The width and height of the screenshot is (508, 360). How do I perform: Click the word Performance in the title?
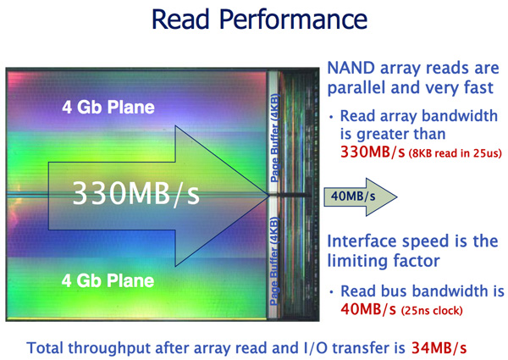(x=293, y=20)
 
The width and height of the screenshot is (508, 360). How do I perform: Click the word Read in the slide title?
(x=180, y=19)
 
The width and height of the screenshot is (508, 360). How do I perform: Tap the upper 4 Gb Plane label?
(x=108, y=107)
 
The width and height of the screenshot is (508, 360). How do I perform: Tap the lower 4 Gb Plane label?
(x=108, y=280)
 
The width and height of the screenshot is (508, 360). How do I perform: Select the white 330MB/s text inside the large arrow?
(x=135, y=193)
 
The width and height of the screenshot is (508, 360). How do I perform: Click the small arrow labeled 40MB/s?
(x=361, y=197)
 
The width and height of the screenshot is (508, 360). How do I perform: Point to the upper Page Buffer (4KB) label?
(x=274, y=138)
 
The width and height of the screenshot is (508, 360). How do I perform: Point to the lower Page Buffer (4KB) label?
(x=274, y=261)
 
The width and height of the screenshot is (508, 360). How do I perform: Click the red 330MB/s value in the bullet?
(x=373, y=152)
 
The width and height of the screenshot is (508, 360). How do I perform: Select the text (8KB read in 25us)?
(x=456, y=153)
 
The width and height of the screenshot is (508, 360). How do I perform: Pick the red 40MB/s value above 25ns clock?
(x=368, y=309)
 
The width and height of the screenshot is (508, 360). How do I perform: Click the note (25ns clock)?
(x=432, y=311)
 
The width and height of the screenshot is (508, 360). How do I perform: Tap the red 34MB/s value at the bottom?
(x=439, y=348)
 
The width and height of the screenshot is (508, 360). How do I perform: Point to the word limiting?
(x=356, y=262)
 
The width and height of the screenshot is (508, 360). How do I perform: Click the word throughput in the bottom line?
(x=111, y=349)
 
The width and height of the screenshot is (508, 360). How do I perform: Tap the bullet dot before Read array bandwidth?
(x=331, y=117)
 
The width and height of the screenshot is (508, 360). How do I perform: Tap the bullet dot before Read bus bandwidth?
(x=331, y=292)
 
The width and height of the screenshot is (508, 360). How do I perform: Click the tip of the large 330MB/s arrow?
(x=269, y=196)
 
